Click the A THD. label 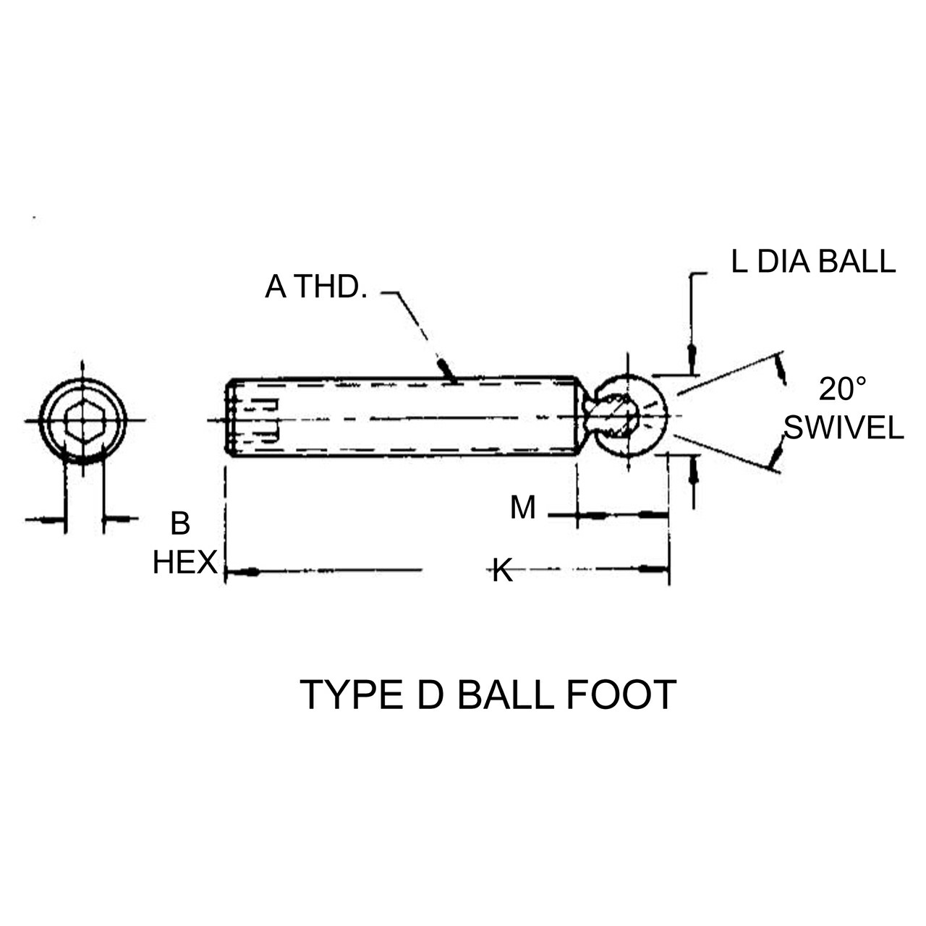[316, 287]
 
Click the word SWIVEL [844, 428]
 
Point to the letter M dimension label [522, 508]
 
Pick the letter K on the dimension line [502, 571]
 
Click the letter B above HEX [180, 524]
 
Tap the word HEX [184, 562]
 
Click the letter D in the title [429, 695]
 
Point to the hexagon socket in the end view [82, 420]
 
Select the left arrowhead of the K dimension [242, 572]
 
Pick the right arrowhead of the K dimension [654, 570]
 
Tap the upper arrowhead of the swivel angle [781, 370]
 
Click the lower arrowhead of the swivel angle [777, 454]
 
